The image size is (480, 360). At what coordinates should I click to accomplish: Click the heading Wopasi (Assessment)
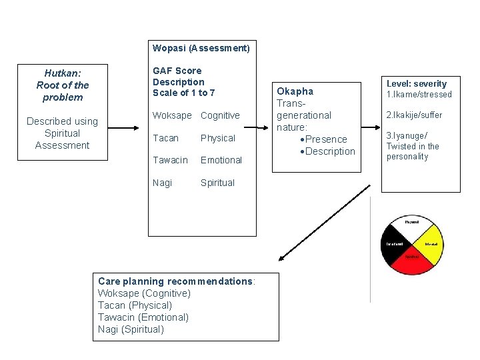(x=201, y=48)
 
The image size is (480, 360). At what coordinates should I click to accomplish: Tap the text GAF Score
(x=177, y=70)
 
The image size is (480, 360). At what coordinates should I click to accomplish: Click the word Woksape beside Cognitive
(x=172, y=115)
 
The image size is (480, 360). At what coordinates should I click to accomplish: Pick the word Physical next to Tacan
(x=218, y=138)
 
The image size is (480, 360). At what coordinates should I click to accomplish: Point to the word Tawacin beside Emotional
(x=171, y=160)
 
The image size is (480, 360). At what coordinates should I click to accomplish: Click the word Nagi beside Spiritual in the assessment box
(x=162, y=183)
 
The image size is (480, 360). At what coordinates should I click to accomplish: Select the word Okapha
(x=295, y=91)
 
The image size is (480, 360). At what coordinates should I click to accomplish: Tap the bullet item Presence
(x=326, y=139)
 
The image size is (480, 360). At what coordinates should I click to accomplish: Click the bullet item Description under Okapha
(x=330, y=151)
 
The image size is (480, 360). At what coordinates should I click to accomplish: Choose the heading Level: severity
(x=417, y=84)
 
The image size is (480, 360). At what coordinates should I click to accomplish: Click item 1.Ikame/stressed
(x=419, y=95)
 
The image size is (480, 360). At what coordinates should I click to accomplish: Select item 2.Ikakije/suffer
(x=414, y=115)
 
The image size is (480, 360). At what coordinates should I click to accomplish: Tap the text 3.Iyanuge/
(x=407, y=135)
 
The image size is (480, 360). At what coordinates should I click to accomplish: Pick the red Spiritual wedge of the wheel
(x=412, y=263)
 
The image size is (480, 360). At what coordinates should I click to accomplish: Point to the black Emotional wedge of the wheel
(x=393, y=245)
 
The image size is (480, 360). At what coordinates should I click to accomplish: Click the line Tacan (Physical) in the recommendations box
(x=135, y=305)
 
